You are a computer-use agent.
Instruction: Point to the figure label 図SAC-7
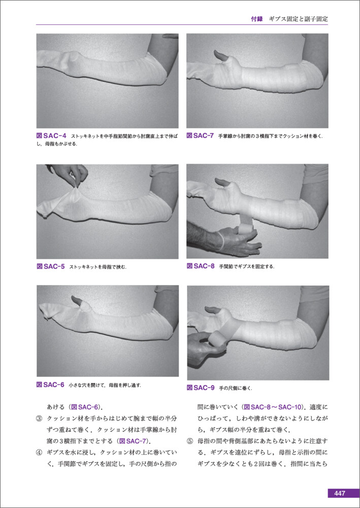[x=200, y=136]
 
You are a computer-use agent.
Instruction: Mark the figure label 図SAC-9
[x=201, y=387]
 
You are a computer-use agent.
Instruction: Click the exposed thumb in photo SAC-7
[x=223, y=56]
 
